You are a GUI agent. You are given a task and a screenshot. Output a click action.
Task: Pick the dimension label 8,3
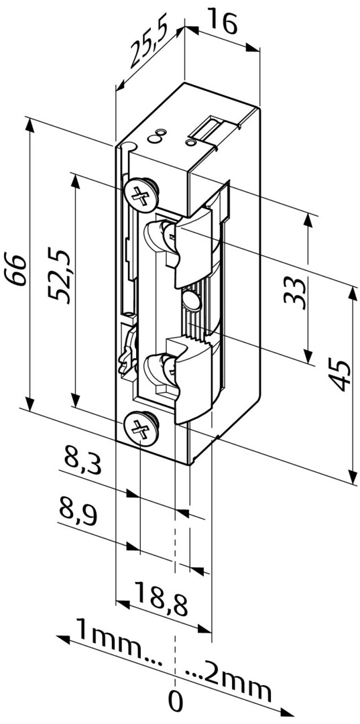coord(82,463)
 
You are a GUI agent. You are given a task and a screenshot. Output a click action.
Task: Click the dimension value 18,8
coord(160,595)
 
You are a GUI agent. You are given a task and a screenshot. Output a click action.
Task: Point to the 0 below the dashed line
coord(176,702)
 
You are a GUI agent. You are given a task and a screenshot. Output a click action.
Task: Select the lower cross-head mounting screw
coord(141,427)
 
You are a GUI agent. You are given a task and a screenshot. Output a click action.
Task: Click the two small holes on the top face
coord(158,136)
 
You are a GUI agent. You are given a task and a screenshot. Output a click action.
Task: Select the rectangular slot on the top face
coord(209,128)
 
